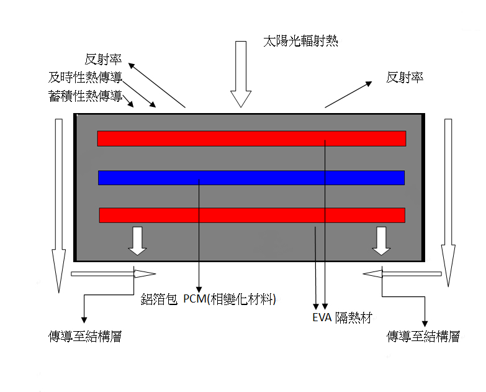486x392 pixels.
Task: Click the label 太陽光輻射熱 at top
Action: [x=300, y=42]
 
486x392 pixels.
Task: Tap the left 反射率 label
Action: [x=103, y=60]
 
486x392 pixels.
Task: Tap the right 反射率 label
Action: [x=405, y=78]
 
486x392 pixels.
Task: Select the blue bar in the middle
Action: [x=251, y=178]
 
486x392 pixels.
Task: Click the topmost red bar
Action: [x=251, y=139]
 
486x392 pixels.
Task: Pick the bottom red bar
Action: [x=251, y=215]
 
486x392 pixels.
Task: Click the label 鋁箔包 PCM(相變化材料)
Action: [x=208, y=301]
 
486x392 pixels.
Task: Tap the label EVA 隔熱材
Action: [x=342, y=319]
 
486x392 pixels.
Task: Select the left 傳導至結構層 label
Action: [x=84, y=337]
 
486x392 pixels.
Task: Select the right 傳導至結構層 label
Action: [x=423, y=337]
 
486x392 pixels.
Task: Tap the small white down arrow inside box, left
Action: [x=137, y=241]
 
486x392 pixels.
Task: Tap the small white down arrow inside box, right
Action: [x=381, y=241]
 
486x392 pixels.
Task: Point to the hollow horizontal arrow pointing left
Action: [x=403, y=273]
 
